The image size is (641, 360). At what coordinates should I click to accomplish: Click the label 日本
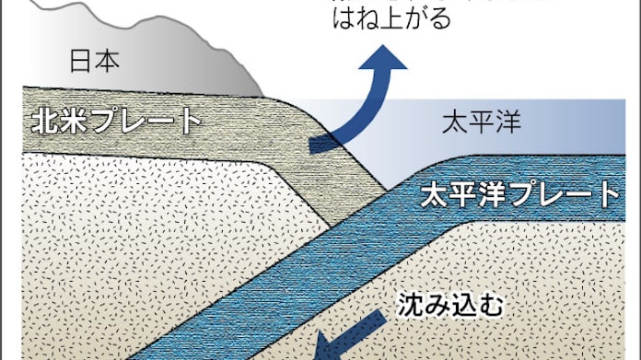95,62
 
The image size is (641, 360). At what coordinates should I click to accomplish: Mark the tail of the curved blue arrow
314,144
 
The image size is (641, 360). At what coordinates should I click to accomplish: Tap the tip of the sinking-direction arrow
316,351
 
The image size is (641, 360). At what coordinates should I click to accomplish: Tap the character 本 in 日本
108,62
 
